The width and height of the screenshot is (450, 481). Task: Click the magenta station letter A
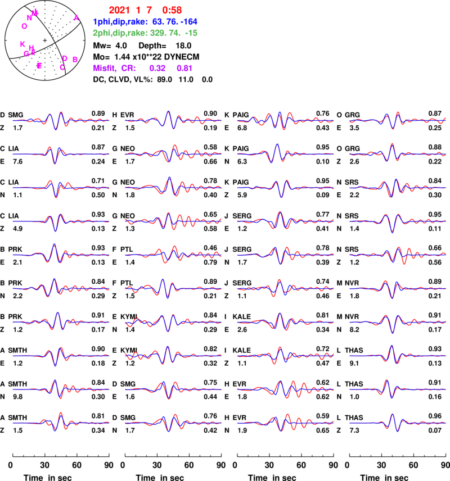click(76, 18)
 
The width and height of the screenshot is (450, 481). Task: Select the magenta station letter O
click(24, 26)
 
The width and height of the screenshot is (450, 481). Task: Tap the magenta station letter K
click(22, 44)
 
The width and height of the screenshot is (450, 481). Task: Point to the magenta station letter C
click(62, 67)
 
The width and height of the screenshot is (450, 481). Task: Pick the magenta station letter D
click(65, 58)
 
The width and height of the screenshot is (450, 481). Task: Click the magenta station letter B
click(75, 59)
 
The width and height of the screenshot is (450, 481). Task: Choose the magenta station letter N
click(29, 18)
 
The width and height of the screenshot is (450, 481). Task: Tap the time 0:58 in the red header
click(172, 10)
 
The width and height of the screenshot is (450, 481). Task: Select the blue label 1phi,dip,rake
click(120, 22)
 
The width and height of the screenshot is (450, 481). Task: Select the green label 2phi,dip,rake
click(120, 33)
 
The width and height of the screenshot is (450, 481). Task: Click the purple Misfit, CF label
click(114, 68)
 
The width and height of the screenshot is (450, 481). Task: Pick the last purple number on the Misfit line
click(184, 68)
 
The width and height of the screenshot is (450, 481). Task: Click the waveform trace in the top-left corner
click(61, 120)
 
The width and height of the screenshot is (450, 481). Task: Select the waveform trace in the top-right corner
click(398, 120)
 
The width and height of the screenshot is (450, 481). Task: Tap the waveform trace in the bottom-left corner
click(61, 423)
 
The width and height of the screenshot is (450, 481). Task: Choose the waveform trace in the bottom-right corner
click(398, 423)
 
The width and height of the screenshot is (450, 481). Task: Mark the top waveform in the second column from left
click(173, 120)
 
